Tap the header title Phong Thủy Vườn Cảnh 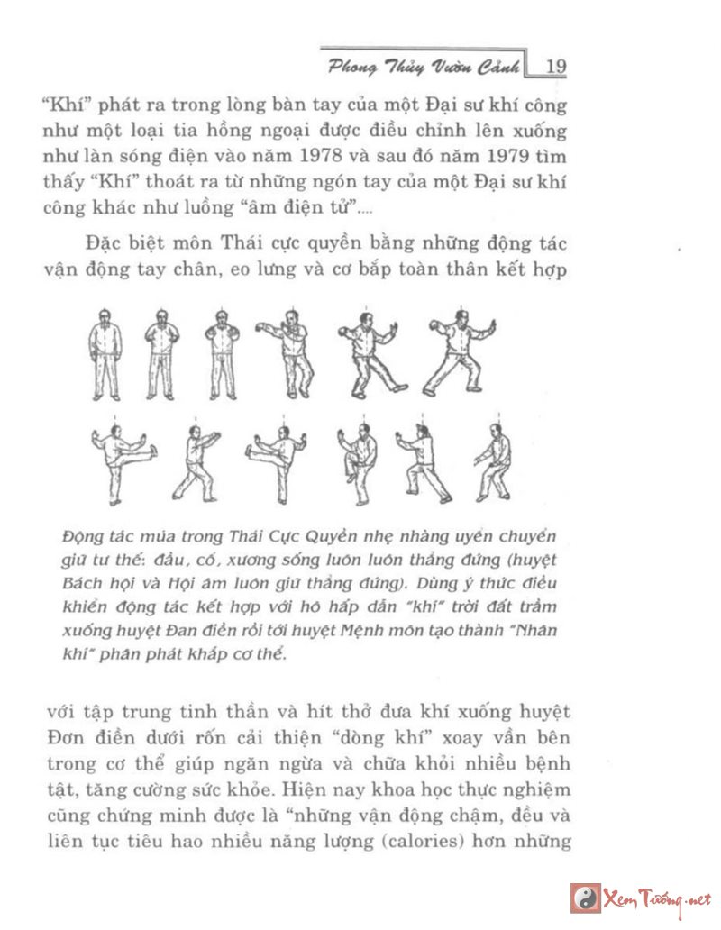point(424,67)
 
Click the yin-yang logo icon point(585,898)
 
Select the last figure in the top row point(460,355)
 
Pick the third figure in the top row point(221,357)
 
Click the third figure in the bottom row point(275,458)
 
